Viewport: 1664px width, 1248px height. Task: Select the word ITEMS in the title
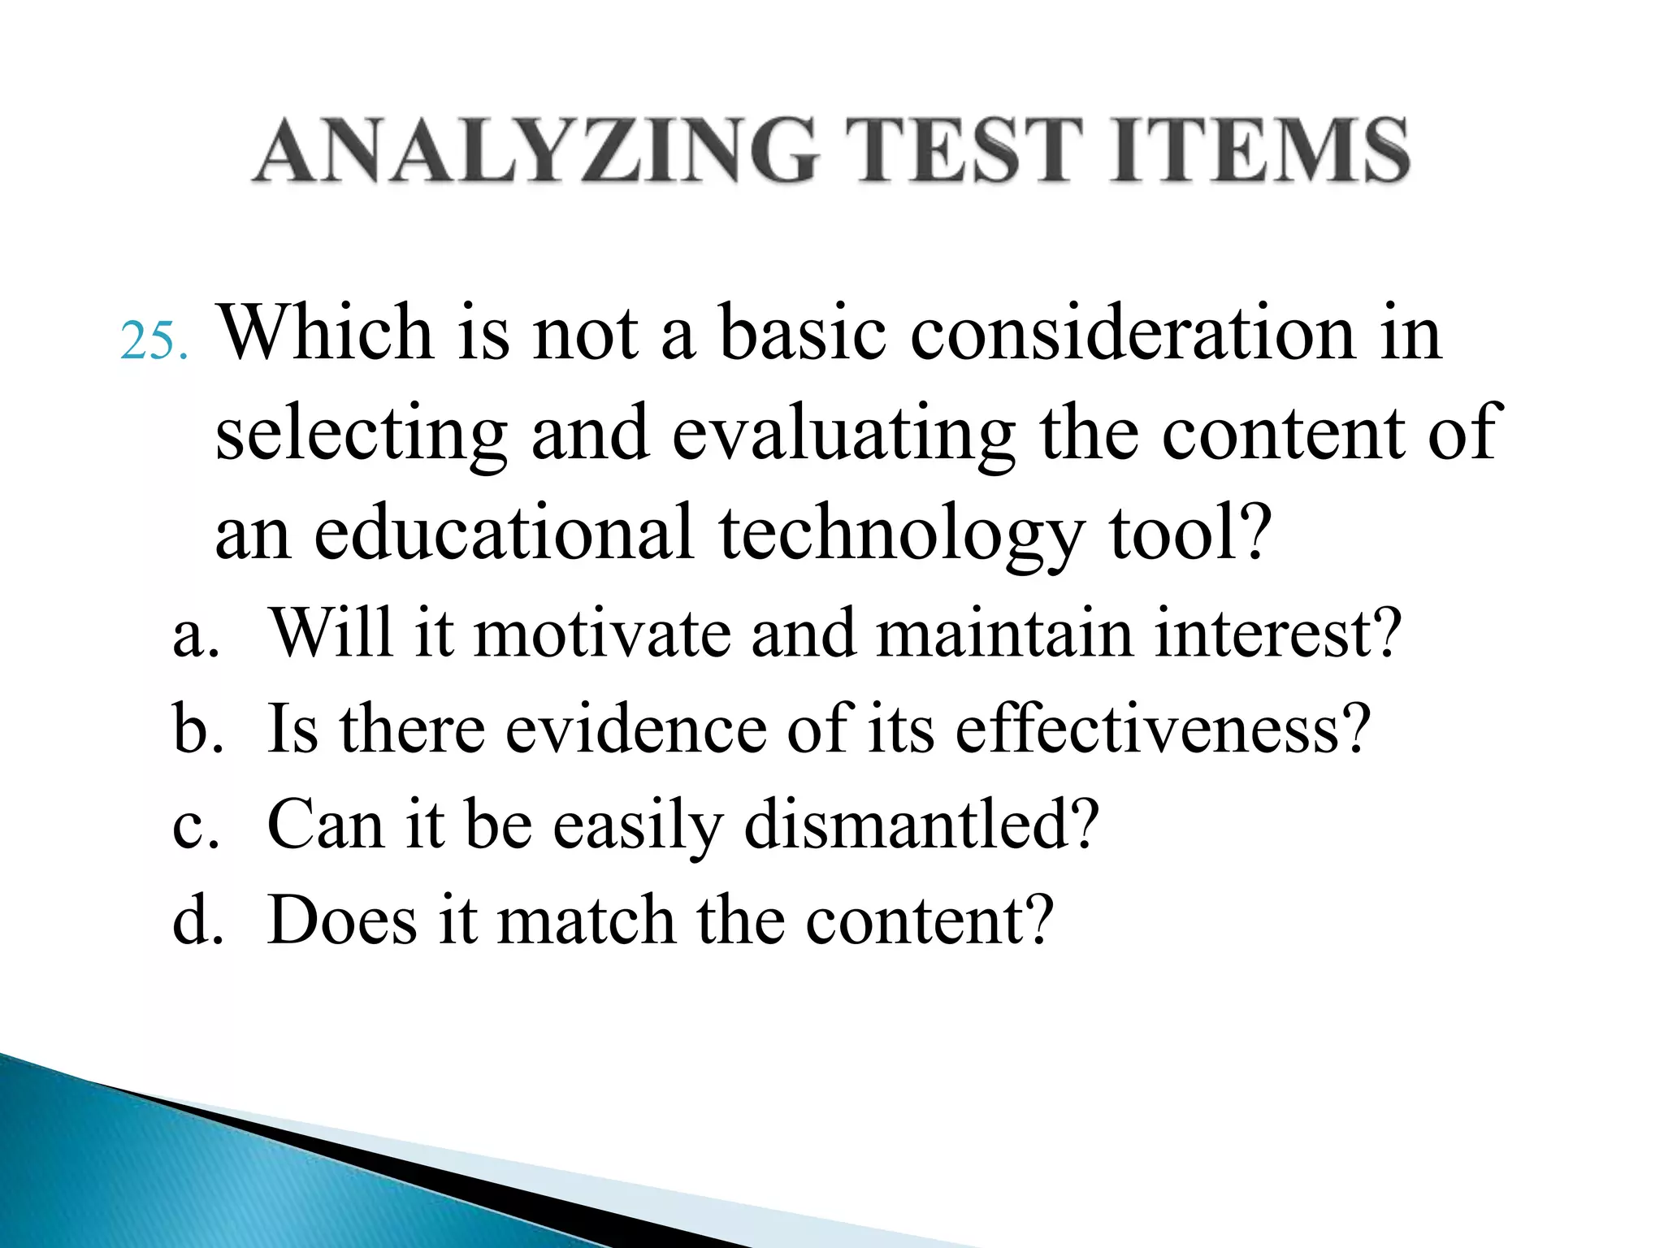point(1260,150)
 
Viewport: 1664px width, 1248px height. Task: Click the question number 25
point(154,341)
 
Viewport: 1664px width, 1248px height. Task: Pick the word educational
point(504,532)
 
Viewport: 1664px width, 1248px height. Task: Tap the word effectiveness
point(1162,729)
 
